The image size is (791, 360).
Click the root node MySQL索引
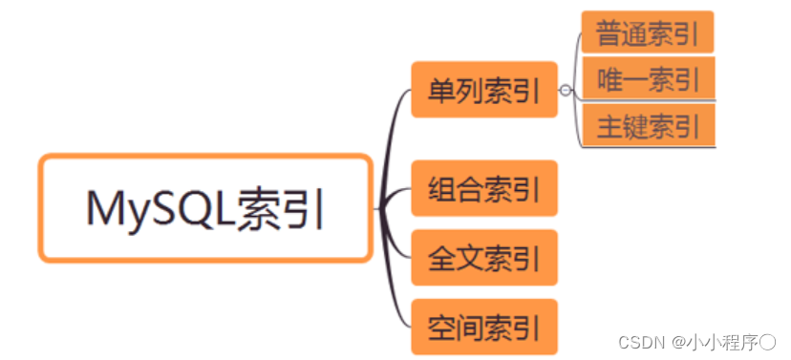click(x=204, y=208)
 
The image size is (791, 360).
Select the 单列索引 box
click(x=483, y=90)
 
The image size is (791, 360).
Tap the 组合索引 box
click(x=483, y=188)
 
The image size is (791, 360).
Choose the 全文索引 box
click(x=483, y=257)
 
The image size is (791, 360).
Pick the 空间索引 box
click(x=483, y=327)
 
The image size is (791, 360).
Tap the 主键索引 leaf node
click(x=647, y=125)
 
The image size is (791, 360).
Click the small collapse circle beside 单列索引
click(x=567, y=91)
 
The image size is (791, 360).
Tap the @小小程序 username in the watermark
click(x=721, y=341)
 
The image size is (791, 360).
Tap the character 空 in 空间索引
click(x=441, y=327)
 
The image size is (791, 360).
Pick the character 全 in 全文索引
click(x=441, y=257)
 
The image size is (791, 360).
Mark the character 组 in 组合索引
click(x=441, y=188)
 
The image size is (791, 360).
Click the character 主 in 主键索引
click(x=609, y=126)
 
